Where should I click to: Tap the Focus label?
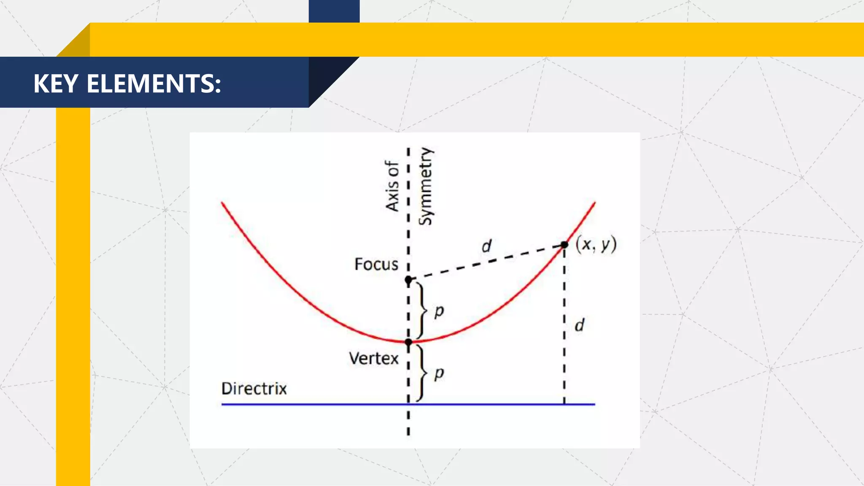coord(376,264)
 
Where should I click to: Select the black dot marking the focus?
coord(408,280)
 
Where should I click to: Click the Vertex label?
coord(373,359)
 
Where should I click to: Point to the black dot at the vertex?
coord(408,342)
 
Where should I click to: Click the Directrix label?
coord(254,388)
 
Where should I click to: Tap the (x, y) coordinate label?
coord(596,244)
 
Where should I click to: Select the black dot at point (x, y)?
coord(564,245)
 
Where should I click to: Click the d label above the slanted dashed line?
coord(486,246)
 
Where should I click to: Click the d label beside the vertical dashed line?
coord(580,325)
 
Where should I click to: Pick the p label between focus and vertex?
coord(439,311)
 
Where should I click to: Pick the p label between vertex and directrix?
coord(439,373)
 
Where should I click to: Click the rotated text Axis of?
coord(392,186)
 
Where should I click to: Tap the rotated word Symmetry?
coord(426,186)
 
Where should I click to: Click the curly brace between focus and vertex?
coord(421,310)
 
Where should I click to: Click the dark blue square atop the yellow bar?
coord(334,11)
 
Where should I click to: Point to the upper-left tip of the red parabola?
coord(223,204)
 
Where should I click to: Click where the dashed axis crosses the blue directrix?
coord(408,404)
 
